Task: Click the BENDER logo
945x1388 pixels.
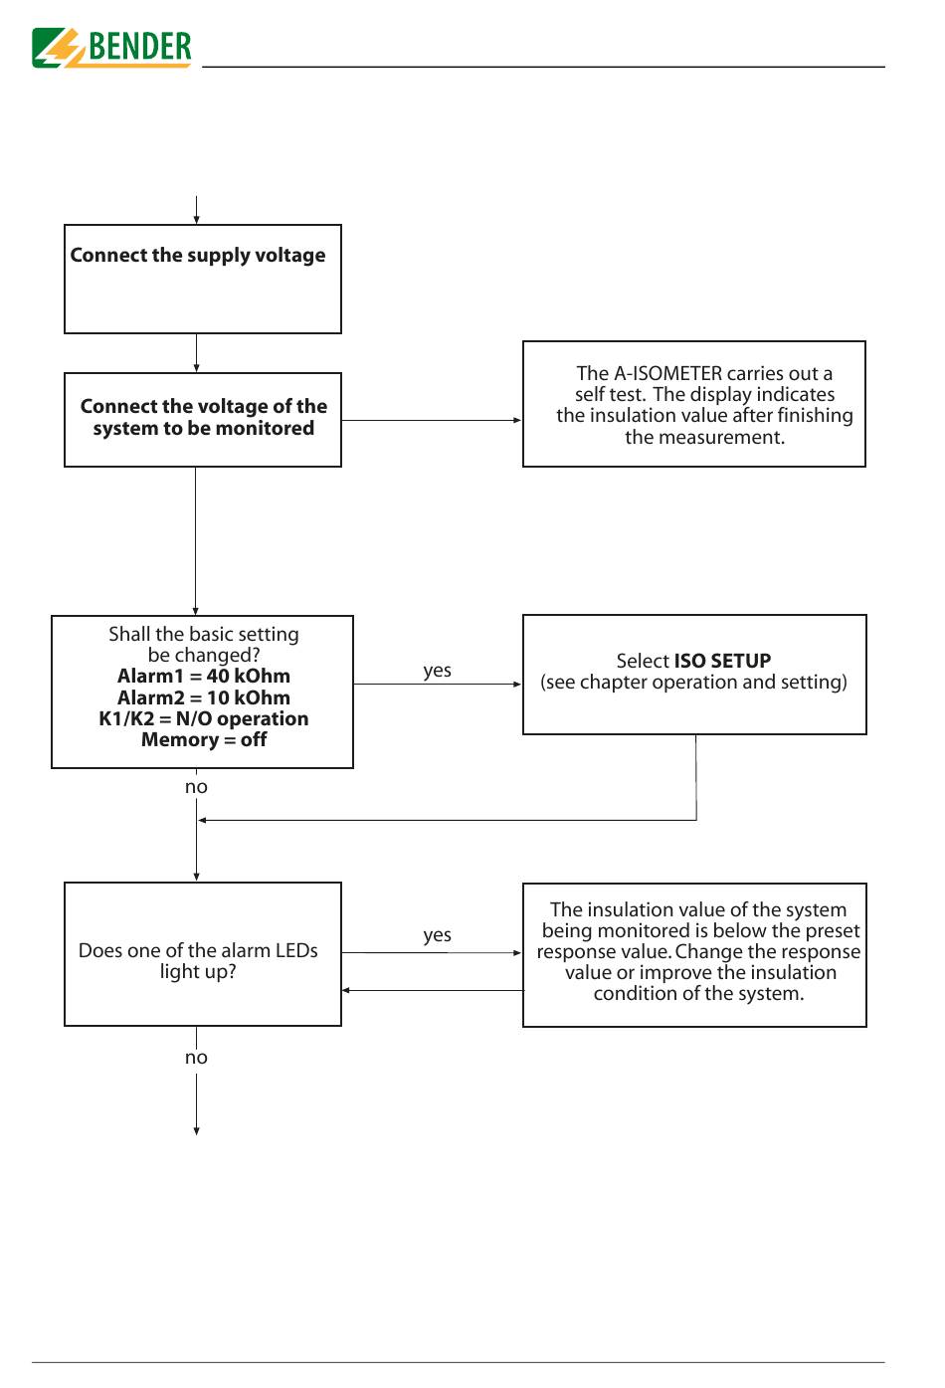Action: (x=111, y=47)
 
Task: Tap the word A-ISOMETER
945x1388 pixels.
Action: (x=667, y=374)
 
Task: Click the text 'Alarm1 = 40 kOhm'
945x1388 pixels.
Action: (x=204, y=676)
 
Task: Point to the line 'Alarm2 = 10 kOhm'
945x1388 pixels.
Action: (x=204, y=697)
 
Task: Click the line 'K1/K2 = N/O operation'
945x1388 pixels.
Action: (x=204, y=718)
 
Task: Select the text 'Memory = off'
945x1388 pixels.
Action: (x=204, y=739)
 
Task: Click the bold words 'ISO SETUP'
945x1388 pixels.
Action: (x=722, y=661)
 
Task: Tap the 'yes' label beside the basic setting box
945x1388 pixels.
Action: (x=437, y=671)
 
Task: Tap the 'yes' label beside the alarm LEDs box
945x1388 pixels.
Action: (x=437, y=935)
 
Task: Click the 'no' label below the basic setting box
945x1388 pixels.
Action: (x=196, y=787)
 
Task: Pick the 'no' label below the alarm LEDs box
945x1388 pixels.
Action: (x=196, y=1058)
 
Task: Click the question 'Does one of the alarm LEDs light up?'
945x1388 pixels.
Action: (x=198, y=960)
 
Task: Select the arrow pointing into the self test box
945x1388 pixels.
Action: (x=432, y=420)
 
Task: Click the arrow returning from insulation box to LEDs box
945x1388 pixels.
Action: (x=433, y=990)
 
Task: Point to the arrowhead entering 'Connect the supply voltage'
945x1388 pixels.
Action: (x=196, y=219)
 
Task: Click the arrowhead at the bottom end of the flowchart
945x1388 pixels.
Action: (x=196, y=1131)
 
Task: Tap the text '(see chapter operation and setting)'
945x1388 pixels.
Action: (x=693, y=683)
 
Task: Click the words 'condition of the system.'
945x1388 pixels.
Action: (x=698, y=993)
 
